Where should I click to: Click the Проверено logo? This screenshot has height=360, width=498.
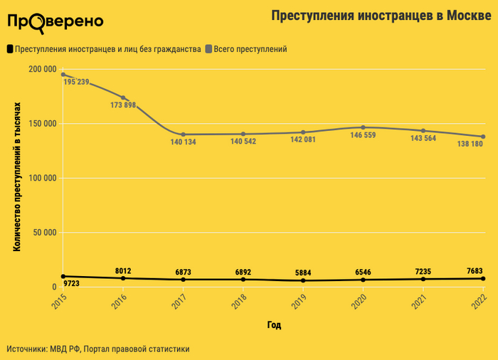point(55,21)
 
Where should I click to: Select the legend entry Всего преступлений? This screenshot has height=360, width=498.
point(250,49)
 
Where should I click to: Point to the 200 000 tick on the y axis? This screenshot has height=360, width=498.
point(42,69)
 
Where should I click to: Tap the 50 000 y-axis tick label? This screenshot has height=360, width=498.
point(44,233)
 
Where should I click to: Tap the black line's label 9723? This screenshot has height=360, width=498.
point(72,284)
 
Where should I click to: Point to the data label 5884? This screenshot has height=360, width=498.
point(303,272)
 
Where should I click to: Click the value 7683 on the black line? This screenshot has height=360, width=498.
point(475,270)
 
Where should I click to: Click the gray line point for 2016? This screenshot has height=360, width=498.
point(124,97)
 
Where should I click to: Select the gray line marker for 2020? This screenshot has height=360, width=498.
point(364,127)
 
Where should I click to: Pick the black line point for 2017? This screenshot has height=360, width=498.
point(184,280)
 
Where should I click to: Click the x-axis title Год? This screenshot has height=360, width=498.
point(274,325)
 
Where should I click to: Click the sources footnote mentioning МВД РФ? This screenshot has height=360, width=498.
point(98,349)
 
